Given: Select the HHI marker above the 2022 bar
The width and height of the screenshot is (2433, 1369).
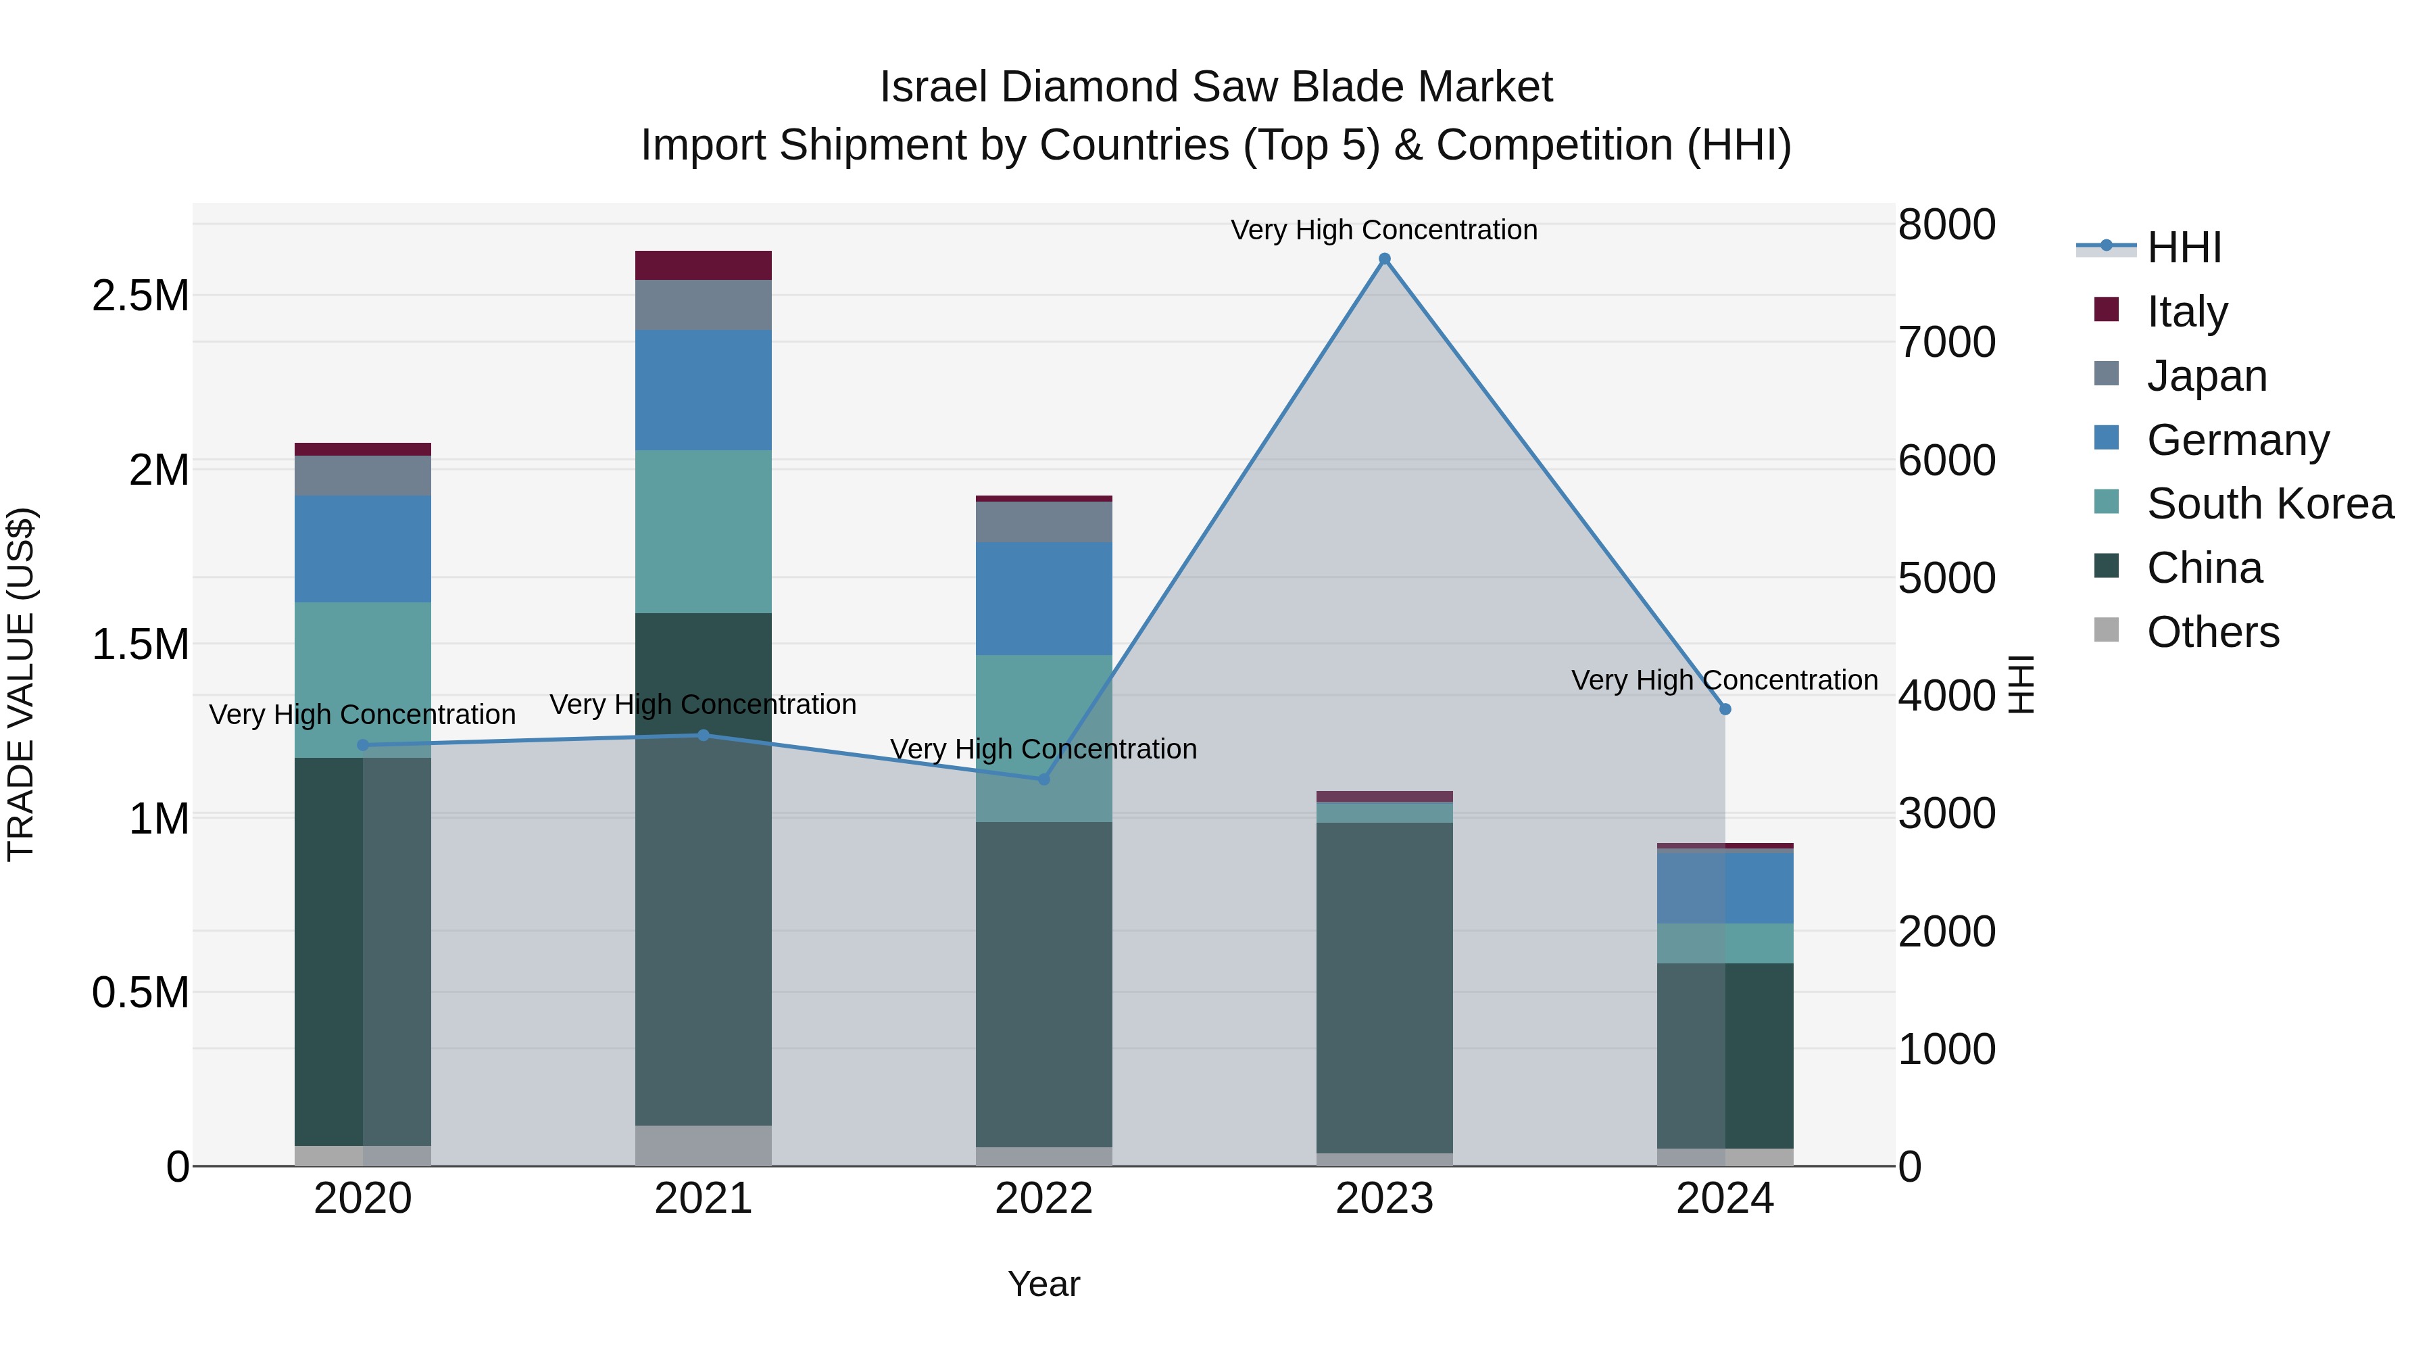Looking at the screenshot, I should click(x=1043, y=779).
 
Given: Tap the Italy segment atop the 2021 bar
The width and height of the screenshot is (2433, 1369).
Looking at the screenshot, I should click(x=703, y=266).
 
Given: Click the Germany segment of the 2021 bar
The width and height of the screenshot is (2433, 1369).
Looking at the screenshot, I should click(x=703, y=390).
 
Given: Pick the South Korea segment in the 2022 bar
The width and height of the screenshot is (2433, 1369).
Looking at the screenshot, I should click(x=1043, y=738).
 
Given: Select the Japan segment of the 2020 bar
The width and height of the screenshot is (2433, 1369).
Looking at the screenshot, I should click(x=363, y=475).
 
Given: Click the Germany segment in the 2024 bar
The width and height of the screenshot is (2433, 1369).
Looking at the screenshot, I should click(x=1725, y=888).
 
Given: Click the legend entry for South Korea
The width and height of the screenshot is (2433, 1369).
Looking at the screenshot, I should click(x=2269, y=504).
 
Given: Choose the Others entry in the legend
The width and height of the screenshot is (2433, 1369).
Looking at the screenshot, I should click(x=2212, y=632).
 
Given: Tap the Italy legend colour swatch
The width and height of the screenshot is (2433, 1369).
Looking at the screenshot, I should click(x=2106, y=310).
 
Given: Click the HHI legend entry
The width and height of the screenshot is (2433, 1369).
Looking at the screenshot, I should click(x=2184, y=247).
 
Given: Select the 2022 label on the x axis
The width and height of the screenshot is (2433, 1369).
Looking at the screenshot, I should click(x=1043, y=1199).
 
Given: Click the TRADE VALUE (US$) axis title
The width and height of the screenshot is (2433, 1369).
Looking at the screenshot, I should click(x=21, y=684).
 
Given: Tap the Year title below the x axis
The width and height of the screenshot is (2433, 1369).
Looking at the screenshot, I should click(x=1043, y=1284).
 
